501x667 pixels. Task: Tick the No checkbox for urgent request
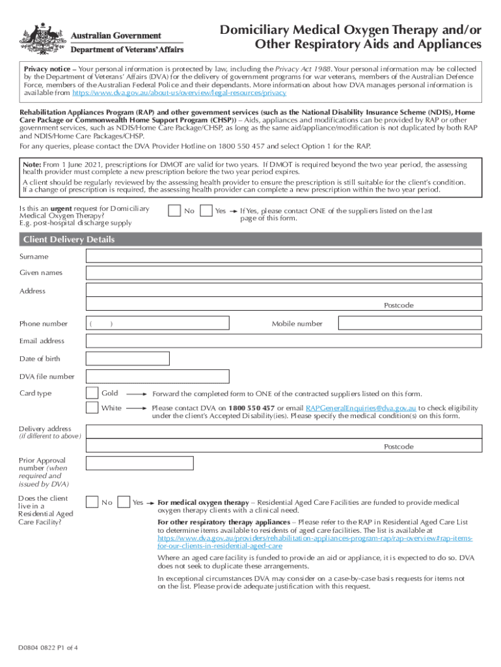[x=174, y=211]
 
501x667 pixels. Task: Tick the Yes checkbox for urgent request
[x=206, y=211]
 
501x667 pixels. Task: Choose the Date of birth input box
[x=128, y=359]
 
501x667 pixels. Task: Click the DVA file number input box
[x=157, y=376]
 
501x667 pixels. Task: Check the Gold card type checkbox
[x=92, y=393]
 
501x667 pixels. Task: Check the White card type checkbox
[x=92, y=408]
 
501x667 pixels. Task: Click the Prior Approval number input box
[x=140, y=463]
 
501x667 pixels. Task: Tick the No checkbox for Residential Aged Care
[x=92, y=502]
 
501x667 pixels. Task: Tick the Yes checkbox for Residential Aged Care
[x=124, y=502]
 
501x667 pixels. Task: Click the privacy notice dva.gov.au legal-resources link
[x=174, y=93]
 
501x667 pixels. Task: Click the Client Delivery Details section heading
[x=69, y=240]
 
